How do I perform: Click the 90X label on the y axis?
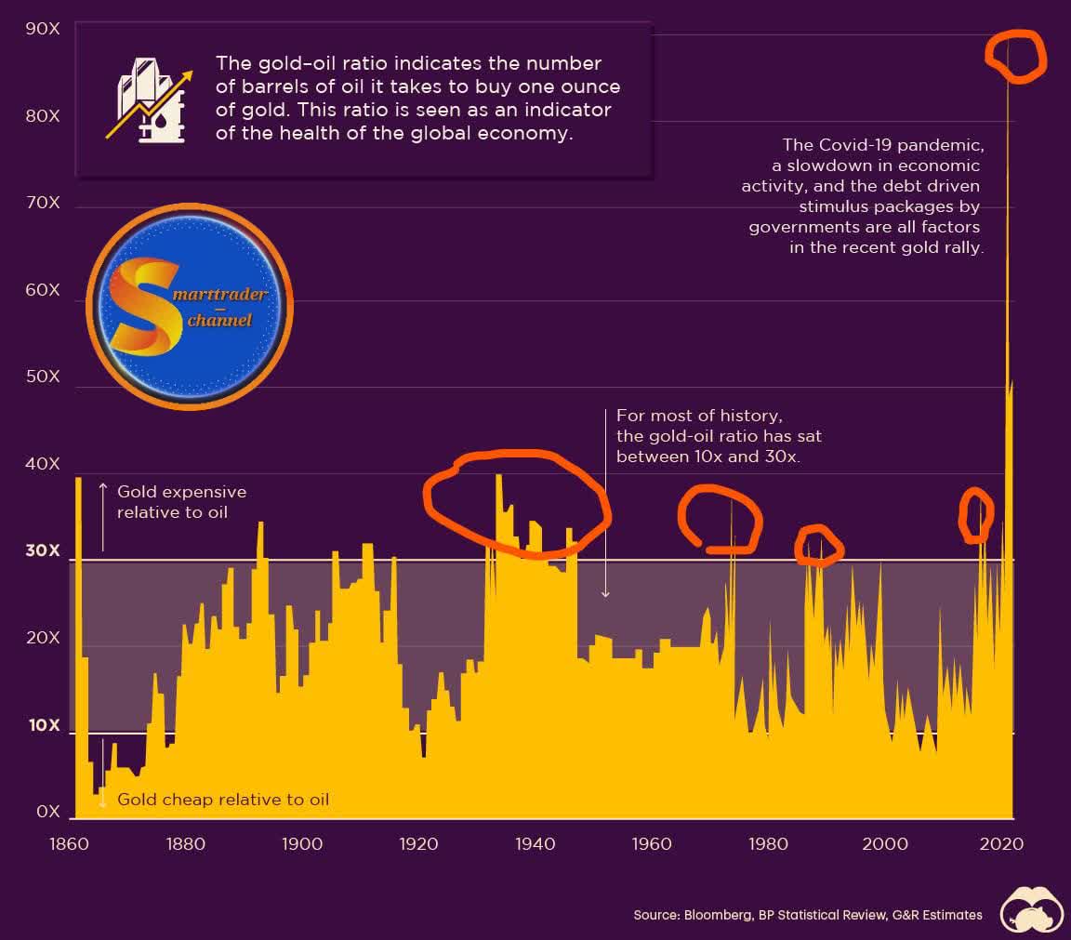pos(43,29)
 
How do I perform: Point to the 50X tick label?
pos(43,377)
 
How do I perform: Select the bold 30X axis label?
pos(43,551)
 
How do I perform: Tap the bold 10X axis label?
pos(43,725)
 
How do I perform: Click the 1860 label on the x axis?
pos(70,844)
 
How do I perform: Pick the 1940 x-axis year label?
pos(535,844)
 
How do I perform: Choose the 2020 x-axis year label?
pos(1001,844)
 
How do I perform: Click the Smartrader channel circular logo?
pos(190,306)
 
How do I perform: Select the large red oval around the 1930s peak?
pos(516,503)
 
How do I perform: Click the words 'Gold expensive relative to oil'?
pos(181,501)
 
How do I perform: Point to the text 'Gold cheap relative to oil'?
pos(223,800)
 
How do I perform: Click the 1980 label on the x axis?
pos(768,844)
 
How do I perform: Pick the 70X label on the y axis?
pos(43,203)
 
